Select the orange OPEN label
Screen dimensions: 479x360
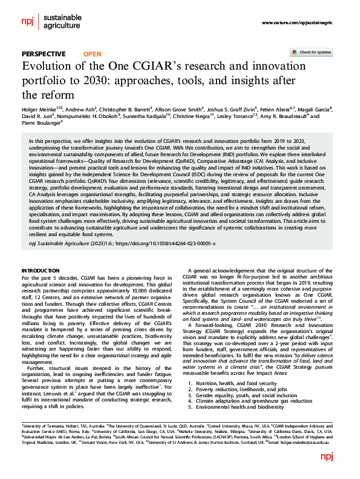tap(93, 53)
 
